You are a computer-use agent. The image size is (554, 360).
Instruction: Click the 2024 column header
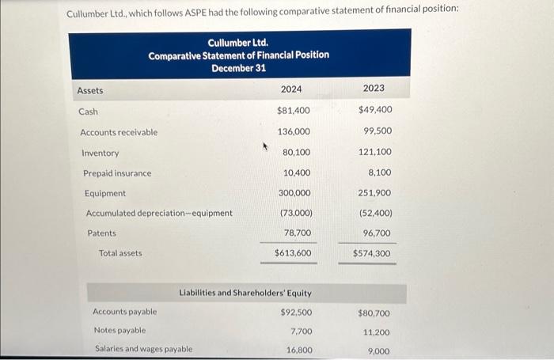(291, 89)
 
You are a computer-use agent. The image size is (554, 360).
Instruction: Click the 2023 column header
(374, 89)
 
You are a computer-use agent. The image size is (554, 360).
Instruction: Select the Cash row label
(88, 112)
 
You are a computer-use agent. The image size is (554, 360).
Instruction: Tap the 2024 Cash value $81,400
(294, 111)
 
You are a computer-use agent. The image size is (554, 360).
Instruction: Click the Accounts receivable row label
(119, 132)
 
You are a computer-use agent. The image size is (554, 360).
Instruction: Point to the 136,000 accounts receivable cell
(294, 131)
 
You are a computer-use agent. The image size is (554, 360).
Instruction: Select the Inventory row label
(101, 153)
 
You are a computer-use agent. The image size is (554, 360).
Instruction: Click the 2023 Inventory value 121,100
(375, 151)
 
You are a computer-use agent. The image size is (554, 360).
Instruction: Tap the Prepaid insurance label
(117, 173)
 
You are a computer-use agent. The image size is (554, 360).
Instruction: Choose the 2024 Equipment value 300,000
(294, 193)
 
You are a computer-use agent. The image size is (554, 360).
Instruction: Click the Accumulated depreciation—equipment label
(159, 213)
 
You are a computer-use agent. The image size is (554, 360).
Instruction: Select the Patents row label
(101, 233)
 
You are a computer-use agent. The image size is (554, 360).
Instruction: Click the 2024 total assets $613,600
(293, 253)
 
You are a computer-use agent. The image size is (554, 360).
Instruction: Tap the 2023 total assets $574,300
(373, 253)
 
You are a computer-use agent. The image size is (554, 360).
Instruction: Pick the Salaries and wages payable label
(143, 349)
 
